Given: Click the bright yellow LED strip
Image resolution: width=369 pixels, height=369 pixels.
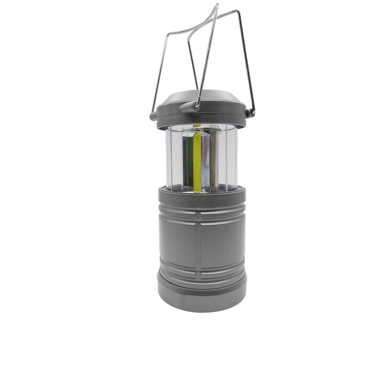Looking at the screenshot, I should coord(197,161).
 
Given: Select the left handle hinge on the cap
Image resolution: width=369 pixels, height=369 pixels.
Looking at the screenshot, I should coord(153,114).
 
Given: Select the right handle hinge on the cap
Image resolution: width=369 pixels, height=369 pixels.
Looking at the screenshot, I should coord(248,113).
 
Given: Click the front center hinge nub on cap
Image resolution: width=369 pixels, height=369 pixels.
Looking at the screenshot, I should coord(197,106).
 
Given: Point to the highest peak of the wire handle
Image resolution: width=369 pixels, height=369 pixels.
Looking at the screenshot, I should coord(215,7).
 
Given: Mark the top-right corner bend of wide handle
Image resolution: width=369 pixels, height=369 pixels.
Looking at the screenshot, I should coord(238,12).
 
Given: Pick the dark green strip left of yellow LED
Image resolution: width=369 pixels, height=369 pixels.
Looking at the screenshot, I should coord(189,161).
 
